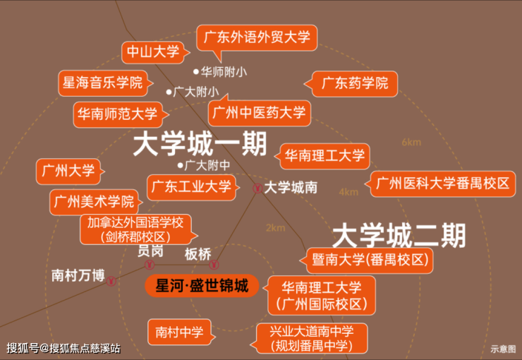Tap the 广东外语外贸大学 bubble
pyautogui.click(x=257, y=38)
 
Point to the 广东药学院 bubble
pyautogui.click(x=355, y=83)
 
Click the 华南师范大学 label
pyautogui.click(x=118, y=113)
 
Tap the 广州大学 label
pyautogui.click(x=68, y=171)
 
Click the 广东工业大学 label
pyautogui.click(x=191, y=187)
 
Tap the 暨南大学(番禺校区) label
pyautogui.click(x=370, y=260)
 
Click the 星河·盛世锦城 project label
pyautogui.click(x=202, y=286)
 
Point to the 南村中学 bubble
pyautogui.click(x=179, y=331)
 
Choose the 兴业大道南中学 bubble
pyautogui.click(x=310, y=338)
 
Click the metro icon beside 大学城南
pyautogui.click(x=257, y=188)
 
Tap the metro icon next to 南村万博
pyautogui.click(x=111, y=280)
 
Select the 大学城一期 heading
pyautogui.click(x=200, y=145)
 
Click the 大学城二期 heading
pyautogui.click(x=398, y=233)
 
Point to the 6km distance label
pyautogui.click(x=411, y=143)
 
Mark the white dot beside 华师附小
pyautogui.click(x=197, y=72)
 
